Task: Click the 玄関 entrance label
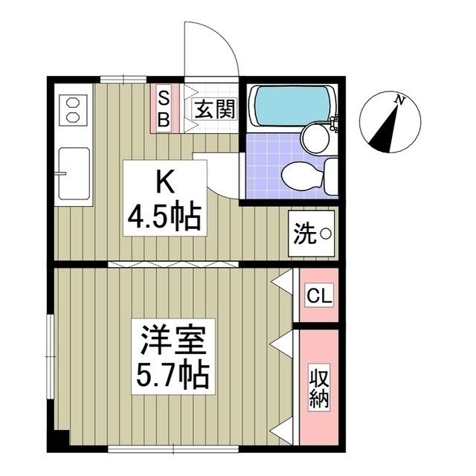216,110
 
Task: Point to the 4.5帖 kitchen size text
164,216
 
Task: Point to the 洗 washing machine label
304,235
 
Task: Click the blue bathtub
289,106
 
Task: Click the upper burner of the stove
72,103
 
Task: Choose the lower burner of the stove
72,118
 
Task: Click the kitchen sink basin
74,174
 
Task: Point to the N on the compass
400,100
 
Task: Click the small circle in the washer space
325,235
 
